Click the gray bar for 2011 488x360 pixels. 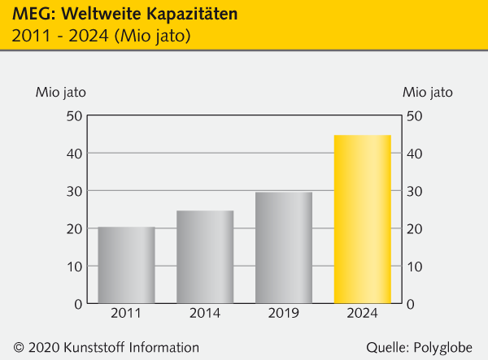pos(126,265)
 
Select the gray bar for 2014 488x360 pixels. pos(205,257)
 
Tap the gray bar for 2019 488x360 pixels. pos(284,248)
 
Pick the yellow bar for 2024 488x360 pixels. pos(363,219)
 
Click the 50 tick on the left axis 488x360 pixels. pos(75,115)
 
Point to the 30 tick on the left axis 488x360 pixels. pos(75,191)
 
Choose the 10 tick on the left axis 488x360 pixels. pos(75,266)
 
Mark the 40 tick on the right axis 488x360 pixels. pos(414,153)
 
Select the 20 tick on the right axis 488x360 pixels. pos(414,228)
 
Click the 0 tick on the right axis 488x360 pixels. pos(411,303)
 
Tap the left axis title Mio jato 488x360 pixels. pos(60,91)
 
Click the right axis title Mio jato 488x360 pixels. pos(428,91)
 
